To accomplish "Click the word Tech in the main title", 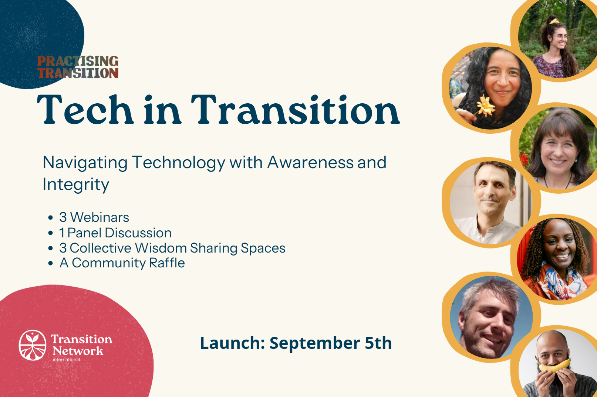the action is point(85,110).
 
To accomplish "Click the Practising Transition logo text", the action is point(78,67).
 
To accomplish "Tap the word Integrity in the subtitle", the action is point(76,185).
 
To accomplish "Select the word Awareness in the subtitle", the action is point(310,162).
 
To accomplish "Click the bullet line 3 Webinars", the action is point(94,217).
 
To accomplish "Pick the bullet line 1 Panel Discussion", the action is point(115,233).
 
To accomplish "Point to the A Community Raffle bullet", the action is point(122,263).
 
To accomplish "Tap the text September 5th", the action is point(330,343).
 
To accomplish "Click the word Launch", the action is point(232,343).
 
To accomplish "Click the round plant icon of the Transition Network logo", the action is point(33,345).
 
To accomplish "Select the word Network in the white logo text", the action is point(78,351).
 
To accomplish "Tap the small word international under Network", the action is point(66,360).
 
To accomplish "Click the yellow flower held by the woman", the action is point(486,106).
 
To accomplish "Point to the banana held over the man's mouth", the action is point(555,366).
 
